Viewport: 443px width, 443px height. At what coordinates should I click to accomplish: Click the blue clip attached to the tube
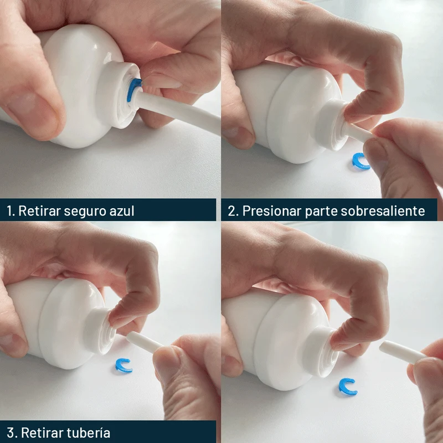click(132, 90)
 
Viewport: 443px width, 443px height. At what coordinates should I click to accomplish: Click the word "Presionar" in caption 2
click(272, 211)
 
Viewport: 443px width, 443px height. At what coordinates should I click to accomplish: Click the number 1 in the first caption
click(11, 211)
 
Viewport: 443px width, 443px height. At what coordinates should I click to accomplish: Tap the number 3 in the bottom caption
click(11, 433)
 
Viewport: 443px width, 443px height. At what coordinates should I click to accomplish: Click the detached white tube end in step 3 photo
click(144, 342)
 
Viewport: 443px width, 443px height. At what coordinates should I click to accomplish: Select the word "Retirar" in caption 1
click(39, 211)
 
